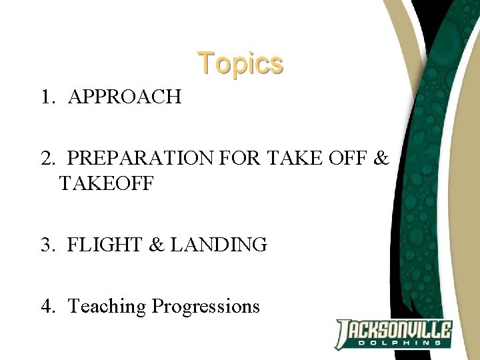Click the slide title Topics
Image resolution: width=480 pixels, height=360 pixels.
point(240,63)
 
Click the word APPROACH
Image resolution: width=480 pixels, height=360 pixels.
point(125,97)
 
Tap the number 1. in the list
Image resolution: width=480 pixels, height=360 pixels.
point(48,97)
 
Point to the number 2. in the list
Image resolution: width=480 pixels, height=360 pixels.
point(48,159)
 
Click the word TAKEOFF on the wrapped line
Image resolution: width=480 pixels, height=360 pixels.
point(107,183)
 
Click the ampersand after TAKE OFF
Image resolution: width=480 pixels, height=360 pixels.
point(381,159)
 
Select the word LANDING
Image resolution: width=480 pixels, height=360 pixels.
point(219,245)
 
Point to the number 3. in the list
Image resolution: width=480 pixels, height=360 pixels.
point(48,245)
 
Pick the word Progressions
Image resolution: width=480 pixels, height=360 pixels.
point(206,306)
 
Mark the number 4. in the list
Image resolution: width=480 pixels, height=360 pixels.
point(48,306)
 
